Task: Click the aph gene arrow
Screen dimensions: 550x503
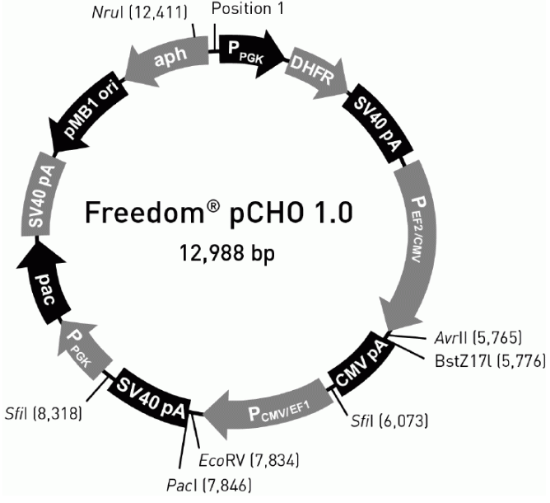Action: tap(168, 59)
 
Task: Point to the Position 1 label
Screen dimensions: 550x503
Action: tap(248, 9)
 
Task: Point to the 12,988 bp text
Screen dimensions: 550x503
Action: tap(227, 253)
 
